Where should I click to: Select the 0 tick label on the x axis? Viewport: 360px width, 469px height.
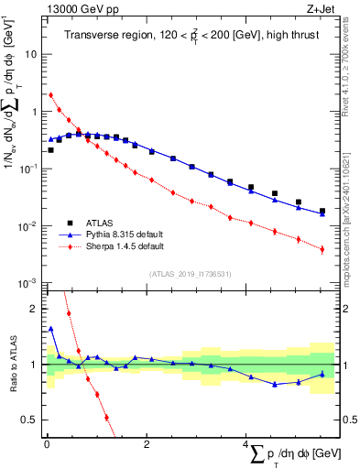[x=47, y=443]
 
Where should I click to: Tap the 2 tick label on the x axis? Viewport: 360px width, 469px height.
[x=147, y=443]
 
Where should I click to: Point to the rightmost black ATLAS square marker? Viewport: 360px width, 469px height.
[x=322, y=211]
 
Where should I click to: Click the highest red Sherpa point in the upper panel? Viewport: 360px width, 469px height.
[x=51, y=94]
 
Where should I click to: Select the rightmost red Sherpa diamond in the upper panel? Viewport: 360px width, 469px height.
[x=322, y=248]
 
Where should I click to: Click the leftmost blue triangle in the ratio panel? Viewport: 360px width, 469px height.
[x=51, y=329]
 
